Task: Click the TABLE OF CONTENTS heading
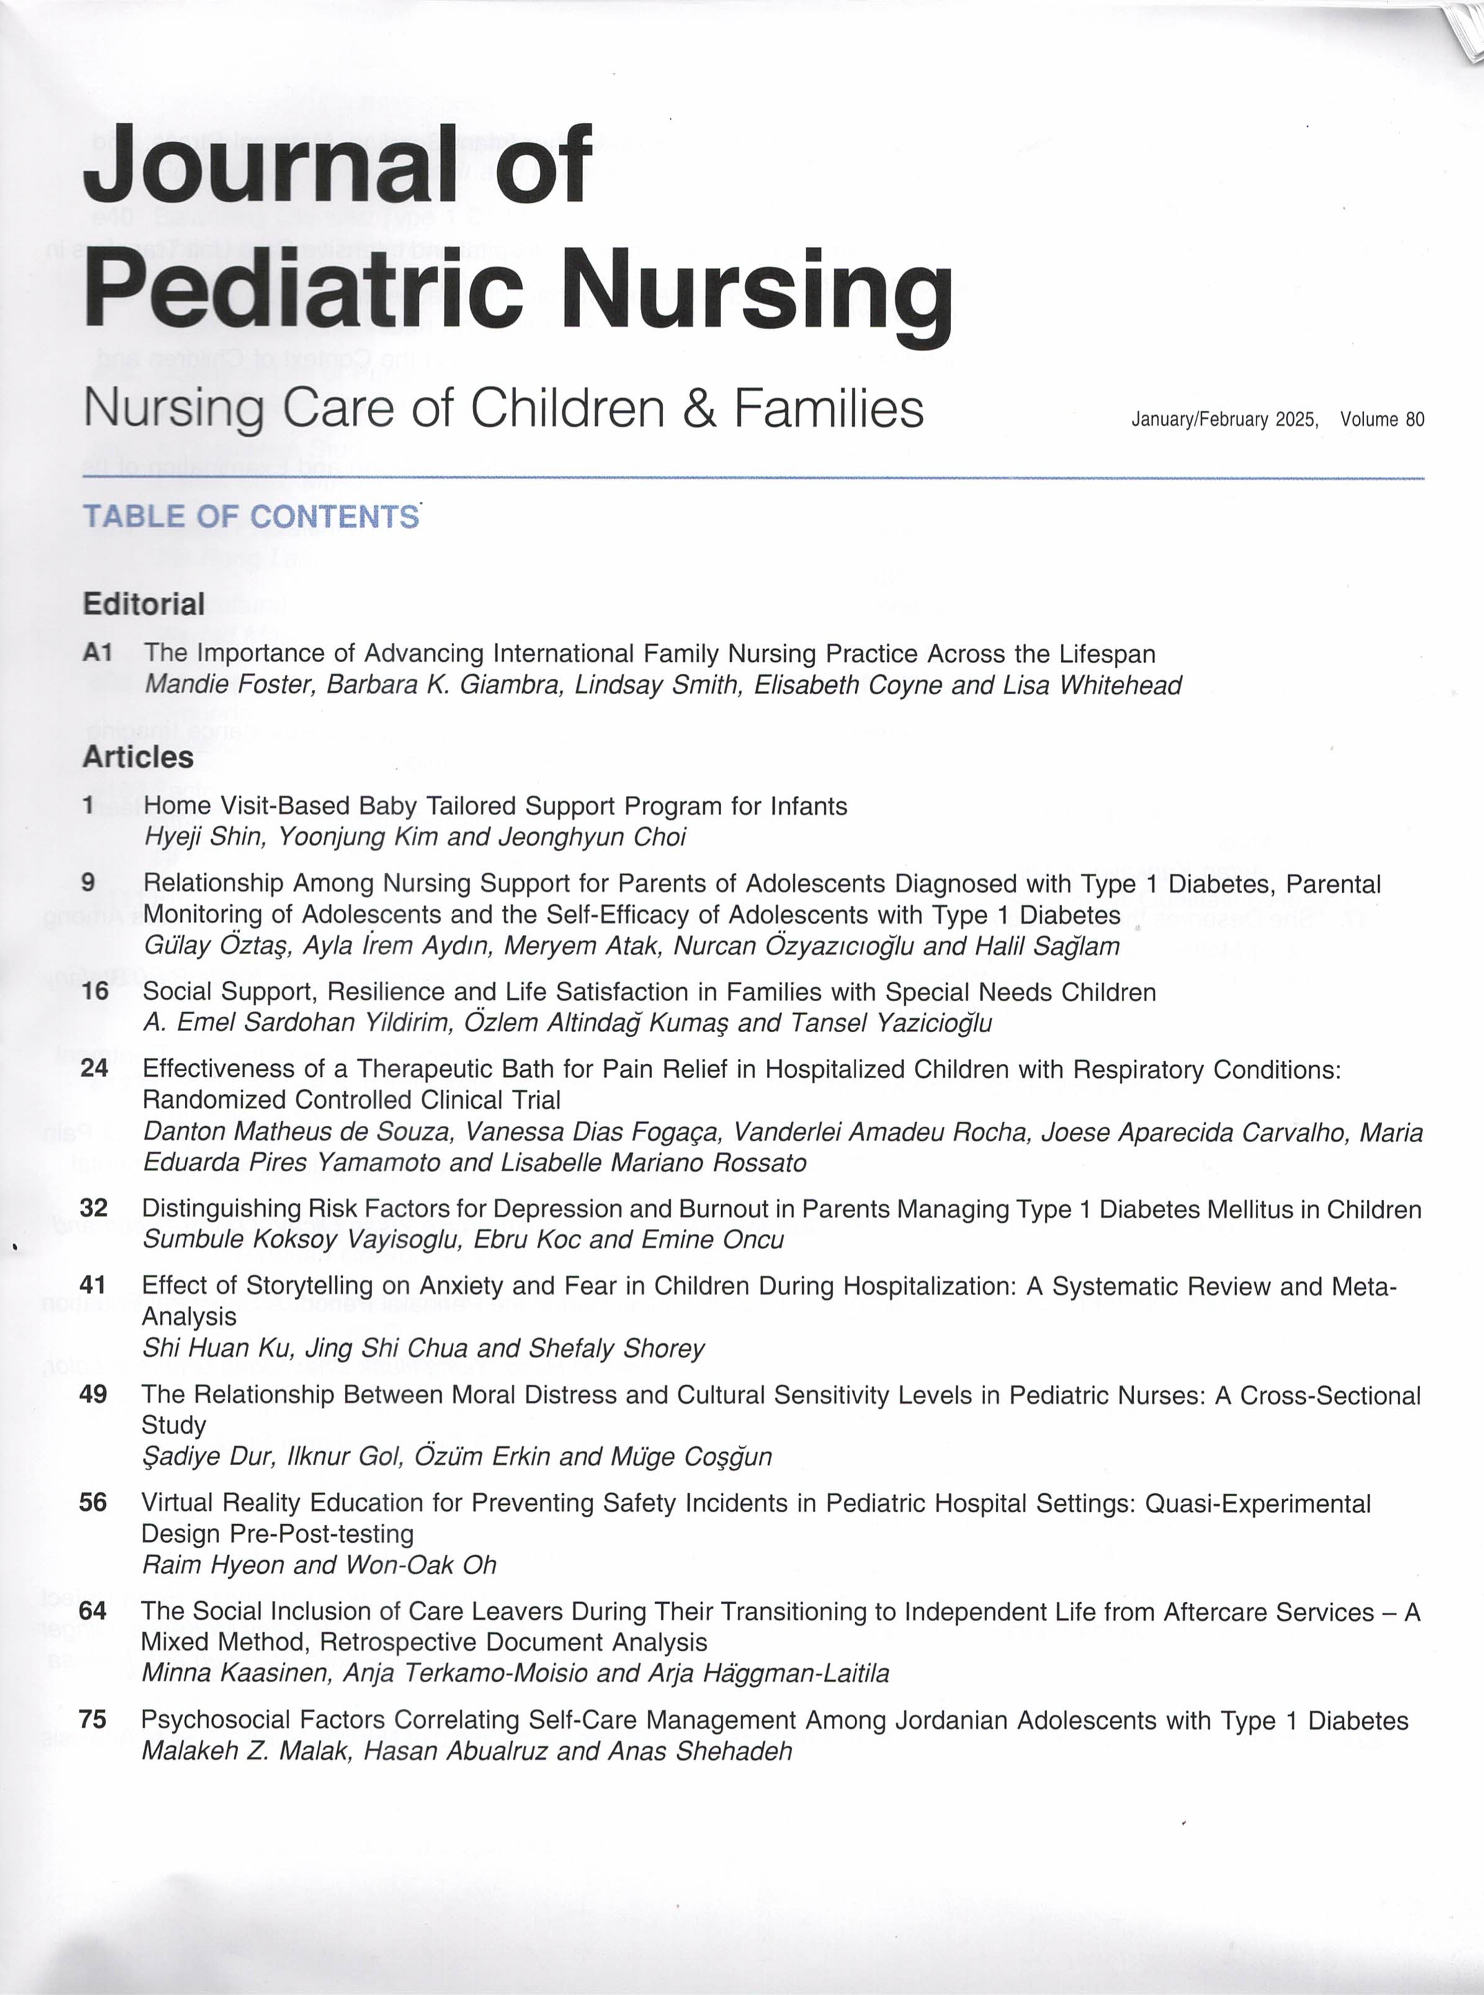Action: (x=251, y=517)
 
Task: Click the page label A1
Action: (x=97, y=653)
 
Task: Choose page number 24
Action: (x=94, y=1068)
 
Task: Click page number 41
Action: (x=94, y=1285)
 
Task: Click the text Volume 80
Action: (x=1382, y=419)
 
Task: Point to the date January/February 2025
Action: (x=1225, y=419)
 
